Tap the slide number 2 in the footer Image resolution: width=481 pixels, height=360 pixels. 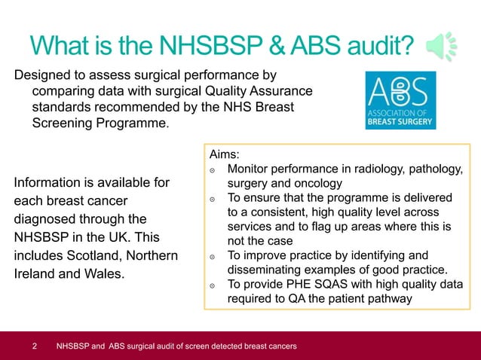pyautogui.click(x=35, y=346)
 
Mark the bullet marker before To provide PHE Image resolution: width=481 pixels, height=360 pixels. pyautogui.click(x=213, y=285)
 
